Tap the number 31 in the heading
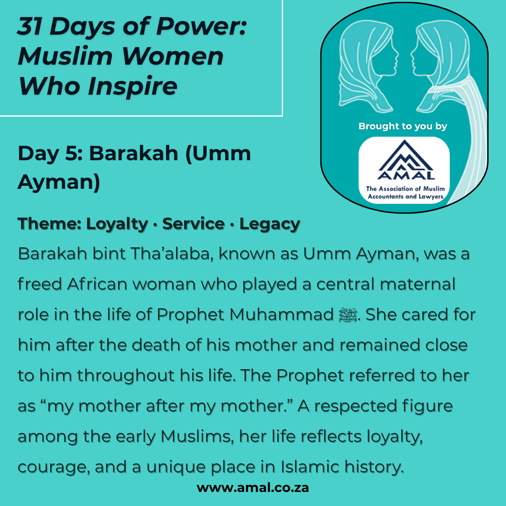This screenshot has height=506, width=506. pos(30,26)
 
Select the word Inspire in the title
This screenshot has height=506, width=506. pos(132,86)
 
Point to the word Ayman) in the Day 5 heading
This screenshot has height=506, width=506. pos(59,182)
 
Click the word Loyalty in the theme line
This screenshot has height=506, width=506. pos(117,224)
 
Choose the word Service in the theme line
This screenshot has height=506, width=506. pos(193,223)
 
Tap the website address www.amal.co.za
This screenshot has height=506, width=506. pos(253,487)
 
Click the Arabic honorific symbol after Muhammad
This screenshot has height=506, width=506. pos(348,315)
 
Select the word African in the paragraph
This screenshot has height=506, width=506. pos(97,284)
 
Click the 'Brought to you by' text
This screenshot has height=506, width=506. pos(403,126)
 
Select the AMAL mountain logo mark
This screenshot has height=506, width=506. pos(406,159)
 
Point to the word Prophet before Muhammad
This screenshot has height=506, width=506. pos(190,315)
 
